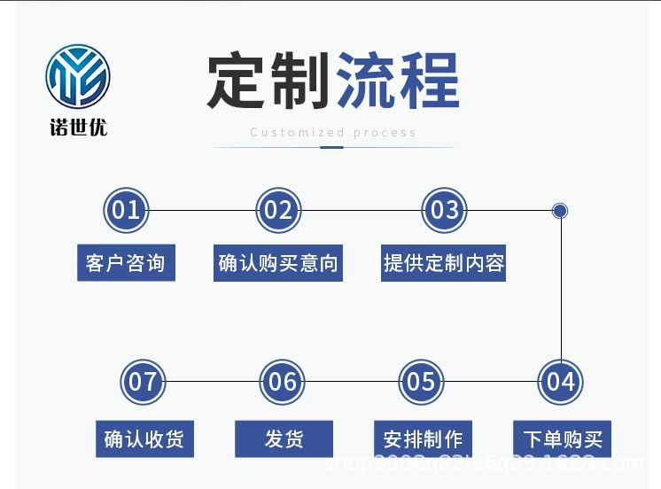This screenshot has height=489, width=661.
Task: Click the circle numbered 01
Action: point(126,211)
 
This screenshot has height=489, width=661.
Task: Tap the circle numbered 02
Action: point(278,211)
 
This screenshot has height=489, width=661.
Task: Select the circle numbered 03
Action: point(444,211)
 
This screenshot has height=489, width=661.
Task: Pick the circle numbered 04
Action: point(560,382)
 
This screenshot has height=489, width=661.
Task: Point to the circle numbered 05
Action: point(421,382)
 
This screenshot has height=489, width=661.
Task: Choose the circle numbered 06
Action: point(283,382)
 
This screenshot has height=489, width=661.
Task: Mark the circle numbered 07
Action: point(143,382)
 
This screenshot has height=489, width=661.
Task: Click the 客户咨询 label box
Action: point(126,263)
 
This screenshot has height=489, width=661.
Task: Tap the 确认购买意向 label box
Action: point(278,263)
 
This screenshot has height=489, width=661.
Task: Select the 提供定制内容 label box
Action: point(444,263)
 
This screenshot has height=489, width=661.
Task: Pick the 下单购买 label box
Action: point(562,439)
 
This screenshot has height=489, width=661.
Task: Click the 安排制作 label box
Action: point(423,439)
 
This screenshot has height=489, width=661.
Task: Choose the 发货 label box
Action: point(284,439)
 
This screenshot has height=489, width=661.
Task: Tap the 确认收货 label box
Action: point(144,439)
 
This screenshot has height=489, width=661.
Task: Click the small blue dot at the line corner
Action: point(560,211)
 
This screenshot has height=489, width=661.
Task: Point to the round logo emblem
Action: point(78,79)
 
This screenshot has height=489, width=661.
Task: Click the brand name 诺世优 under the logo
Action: point(78,128)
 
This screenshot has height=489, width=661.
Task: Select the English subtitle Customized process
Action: point(332,133)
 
